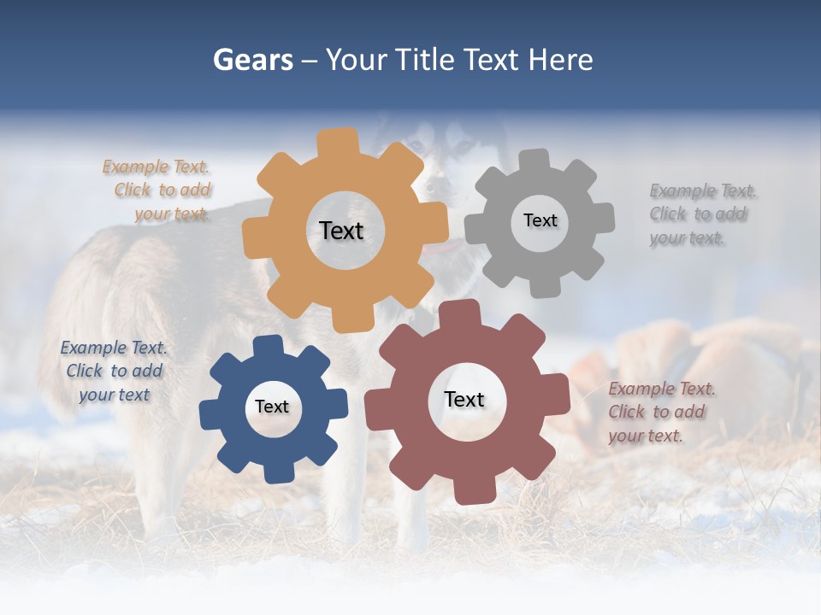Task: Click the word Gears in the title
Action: point(252,60)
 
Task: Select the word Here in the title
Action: point(560,60)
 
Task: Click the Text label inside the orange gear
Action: point(341,231)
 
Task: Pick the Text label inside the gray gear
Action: point(540,220)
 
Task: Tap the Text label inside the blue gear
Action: point(272,407)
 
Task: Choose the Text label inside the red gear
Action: point(464,399)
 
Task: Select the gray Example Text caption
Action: point(701,214)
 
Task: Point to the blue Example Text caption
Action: point(114,371)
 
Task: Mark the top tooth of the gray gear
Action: point(535,161)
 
